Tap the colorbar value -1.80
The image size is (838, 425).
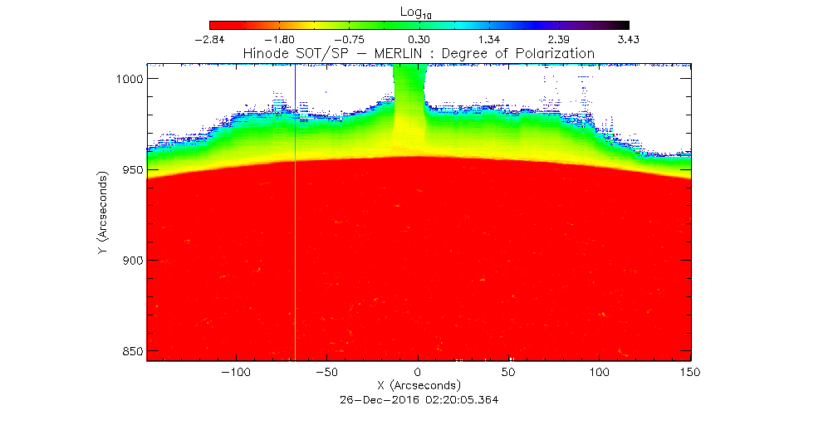click(x=279, y=39)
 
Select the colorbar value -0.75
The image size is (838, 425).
click(x=349, y=39)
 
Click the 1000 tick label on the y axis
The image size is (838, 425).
click(x=128, y=79)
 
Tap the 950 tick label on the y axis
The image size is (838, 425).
click(x=131, y=169)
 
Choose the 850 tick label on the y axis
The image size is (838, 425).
click(x=131, y=351)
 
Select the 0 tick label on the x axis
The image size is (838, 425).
click(x=419, y=373)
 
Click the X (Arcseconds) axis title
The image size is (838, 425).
click(x=419, y=386)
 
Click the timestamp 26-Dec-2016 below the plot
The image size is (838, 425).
click(x=374, y=399)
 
